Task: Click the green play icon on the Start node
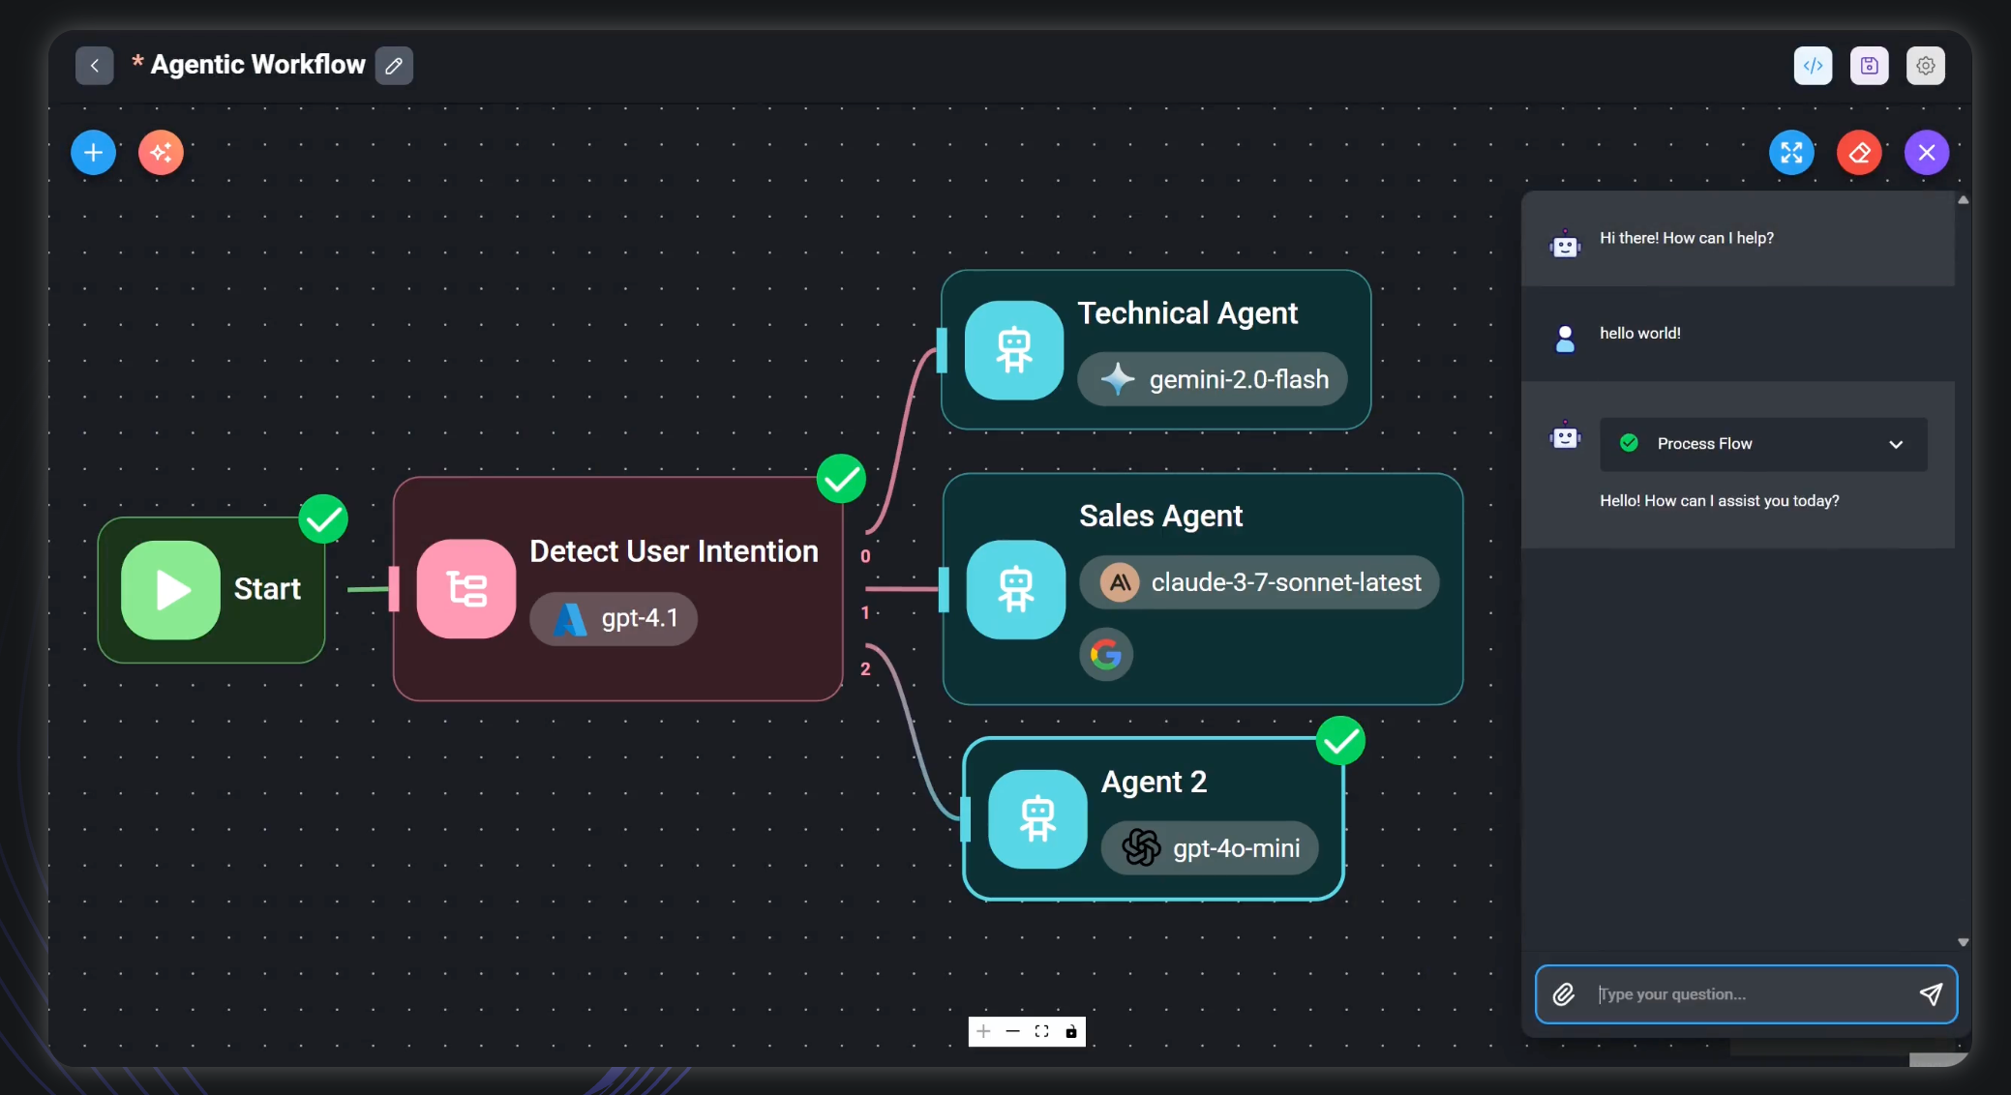click(170, 589)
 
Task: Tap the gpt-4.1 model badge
click(614, 618)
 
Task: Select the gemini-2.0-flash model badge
click(1213, 379)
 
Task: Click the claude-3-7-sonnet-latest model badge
click(1259, 582)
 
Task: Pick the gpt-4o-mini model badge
click(1210, 848)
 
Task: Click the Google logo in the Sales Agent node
click(1106, 655)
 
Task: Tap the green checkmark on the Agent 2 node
click(1340, 741)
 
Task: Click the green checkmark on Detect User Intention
click(841, 479)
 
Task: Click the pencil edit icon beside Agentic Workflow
click(394, 66)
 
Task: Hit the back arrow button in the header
click(95, 66)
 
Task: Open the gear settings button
click(1926, 66)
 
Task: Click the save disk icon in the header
click(1870, 66)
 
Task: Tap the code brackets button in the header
click(1814, 66)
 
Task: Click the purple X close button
click(1927, 153)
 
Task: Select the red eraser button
click(1859, 153)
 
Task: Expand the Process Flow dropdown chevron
click(1896, 445)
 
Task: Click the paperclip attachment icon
click(1564, 994)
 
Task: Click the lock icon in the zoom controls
click(1071, 1032)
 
